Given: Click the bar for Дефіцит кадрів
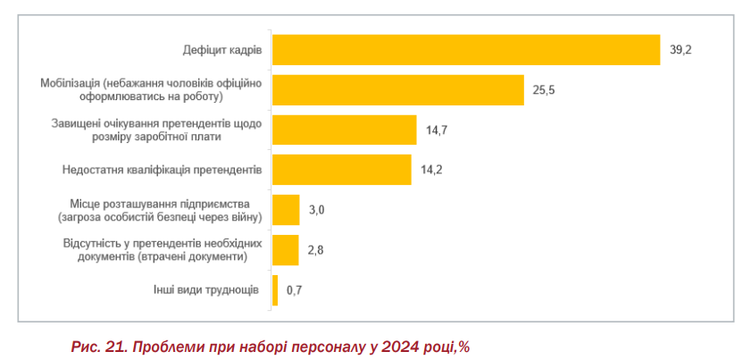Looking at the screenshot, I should (x=466, y=50).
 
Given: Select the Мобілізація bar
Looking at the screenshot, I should (x=397, y=90).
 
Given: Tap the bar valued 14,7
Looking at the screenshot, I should (x=344, y=130).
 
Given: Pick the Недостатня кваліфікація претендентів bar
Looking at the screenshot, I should (x=341, y=170).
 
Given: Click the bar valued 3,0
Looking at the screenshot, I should (x=286, y=210).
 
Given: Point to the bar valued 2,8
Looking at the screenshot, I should (x=285, y=250).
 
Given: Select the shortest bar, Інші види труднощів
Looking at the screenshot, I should (x=275, y=290).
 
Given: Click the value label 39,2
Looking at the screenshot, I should (x=680, y=50).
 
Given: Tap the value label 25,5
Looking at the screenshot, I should (x=544, y=90).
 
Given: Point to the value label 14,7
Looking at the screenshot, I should (x=437, y=130).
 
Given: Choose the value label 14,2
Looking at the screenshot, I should (x=431, y=170).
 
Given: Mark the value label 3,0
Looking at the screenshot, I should (x=316, y=210).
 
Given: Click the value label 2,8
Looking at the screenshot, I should (x=314, y=250).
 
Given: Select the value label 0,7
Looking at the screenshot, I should (x=294, y=290).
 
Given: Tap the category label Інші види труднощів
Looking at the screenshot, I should (x=206, y=290).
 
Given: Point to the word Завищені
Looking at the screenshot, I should (x=76, y=123).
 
